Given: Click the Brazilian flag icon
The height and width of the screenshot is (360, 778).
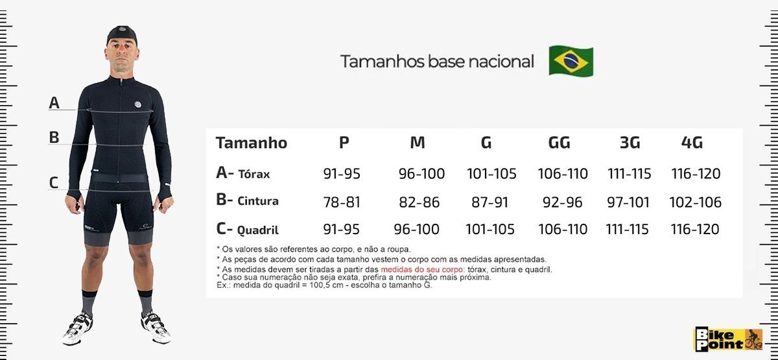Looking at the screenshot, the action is [x=571, y=61].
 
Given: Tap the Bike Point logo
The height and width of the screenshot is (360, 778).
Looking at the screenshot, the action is [x=728, y=339].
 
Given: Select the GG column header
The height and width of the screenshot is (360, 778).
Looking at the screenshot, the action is [x=559, y=143].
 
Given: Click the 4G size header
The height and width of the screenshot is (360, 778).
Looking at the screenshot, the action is [x=692, y=143].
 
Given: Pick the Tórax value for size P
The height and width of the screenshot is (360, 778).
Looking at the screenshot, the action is [x=342, y=173].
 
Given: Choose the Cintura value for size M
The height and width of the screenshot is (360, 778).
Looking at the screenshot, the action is [x=419, y=202].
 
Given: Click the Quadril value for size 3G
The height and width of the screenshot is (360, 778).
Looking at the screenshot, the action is [x=628, y=229].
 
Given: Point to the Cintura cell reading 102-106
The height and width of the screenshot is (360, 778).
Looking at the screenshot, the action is [x=695, y=202].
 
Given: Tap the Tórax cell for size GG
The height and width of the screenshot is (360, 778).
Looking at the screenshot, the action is [x=563, y=173].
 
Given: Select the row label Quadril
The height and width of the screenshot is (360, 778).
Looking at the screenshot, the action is [x=258, y=230].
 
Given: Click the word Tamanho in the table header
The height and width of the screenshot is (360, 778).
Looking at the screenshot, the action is [x=252, y=143].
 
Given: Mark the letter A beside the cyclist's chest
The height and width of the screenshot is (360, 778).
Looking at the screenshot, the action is [x=54, y=102].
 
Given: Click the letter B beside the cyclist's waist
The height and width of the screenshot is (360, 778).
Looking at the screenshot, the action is [x=54, y=138].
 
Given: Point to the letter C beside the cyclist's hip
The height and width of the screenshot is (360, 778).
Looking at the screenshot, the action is [x=53, y=183].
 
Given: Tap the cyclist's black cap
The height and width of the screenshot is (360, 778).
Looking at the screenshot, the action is [x=122, y=34].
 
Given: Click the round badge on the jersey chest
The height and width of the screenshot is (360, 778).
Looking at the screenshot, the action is [x=138, y=104].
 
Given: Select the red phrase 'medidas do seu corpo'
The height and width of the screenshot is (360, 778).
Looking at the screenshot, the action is [x=421, y=269].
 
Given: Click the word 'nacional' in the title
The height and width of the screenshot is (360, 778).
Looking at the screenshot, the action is [x=501, y=62].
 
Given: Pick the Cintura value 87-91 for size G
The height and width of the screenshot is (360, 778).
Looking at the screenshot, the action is [x=489, y=202].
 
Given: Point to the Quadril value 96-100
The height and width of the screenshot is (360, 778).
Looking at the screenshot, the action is [x=416, y=229].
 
